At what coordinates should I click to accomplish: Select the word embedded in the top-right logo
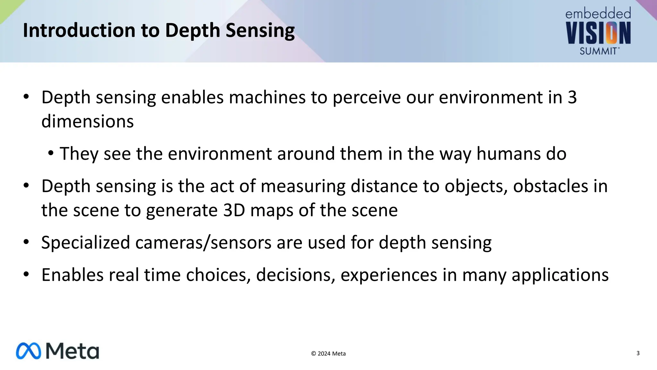click(598, 14)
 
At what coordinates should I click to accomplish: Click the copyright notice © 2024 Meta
click(328, 354)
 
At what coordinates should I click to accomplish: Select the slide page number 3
click(638, 353)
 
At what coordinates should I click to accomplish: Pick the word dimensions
click(88, 122)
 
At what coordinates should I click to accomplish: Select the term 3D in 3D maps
click(234, 210)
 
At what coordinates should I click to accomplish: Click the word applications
click(560, 275)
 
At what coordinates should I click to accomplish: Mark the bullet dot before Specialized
click(26, 242)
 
